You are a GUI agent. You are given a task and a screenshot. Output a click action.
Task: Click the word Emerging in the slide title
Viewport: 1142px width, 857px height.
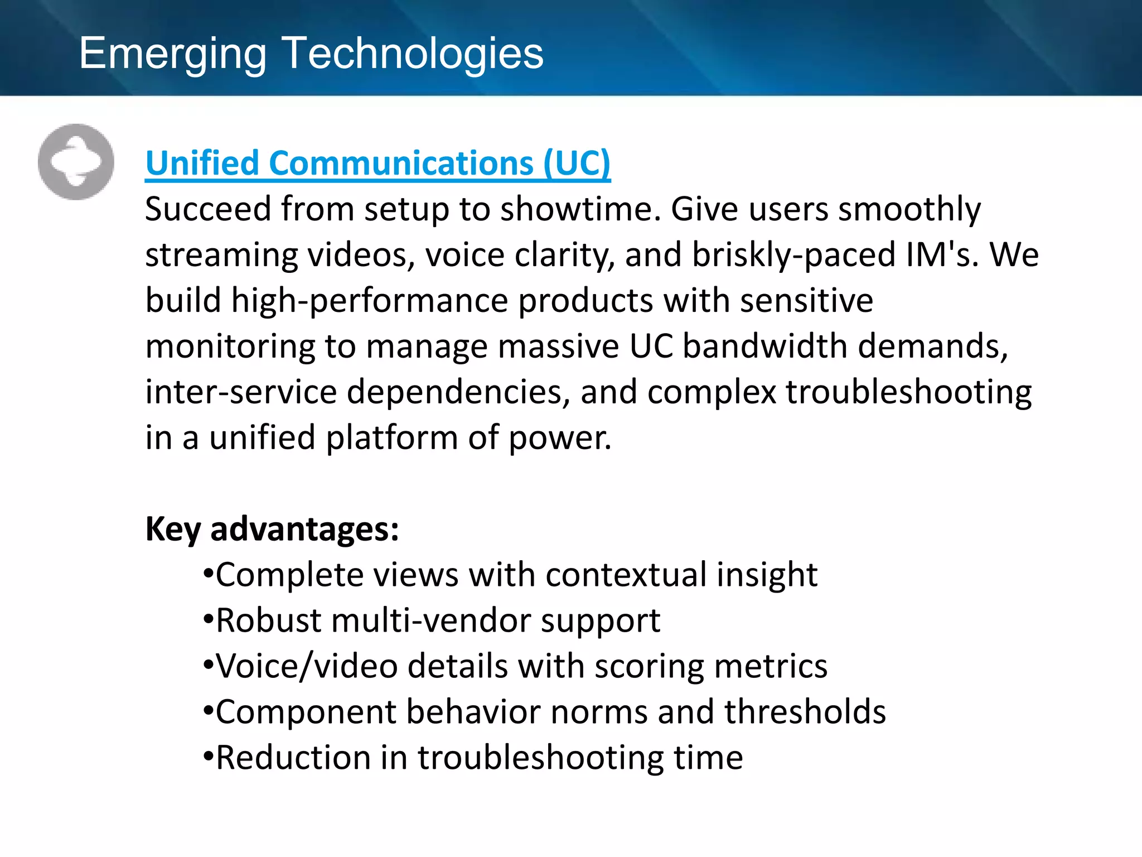coord(173,54)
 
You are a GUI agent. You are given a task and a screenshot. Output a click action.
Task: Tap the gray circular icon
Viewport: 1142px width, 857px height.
coord(76,162)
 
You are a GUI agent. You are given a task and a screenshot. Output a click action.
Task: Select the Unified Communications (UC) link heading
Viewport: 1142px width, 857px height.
coord(378,163)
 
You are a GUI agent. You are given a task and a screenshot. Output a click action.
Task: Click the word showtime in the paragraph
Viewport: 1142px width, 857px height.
coord(580,209)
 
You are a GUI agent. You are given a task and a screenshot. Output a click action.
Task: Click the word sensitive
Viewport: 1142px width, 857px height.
coord(806,301)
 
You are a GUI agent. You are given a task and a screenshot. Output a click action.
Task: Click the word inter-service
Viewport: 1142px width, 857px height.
coord(241,392)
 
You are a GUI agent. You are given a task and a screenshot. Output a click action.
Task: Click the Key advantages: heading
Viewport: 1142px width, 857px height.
coord(272,529)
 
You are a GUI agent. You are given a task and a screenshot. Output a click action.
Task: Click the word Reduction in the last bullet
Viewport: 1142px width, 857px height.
coord(293,758)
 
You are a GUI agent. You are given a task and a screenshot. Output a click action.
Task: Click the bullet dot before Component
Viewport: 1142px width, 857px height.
coord(208,711)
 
